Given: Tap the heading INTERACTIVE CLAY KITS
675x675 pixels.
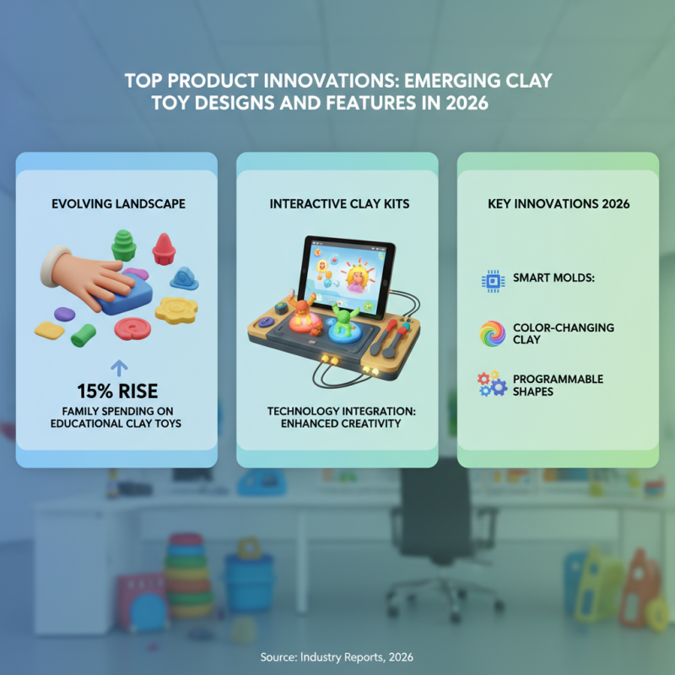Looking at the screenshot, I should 337,204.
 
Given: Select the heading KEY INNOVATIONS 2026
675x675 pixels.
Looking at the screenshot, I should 558,204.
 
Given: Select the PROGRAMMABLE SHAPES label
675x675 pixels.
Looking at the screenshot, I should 558,385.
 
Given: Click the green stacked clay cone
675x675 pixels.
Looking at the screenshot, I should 124,246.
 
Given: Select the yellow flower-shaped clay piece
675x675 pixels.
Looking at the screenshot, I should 176,310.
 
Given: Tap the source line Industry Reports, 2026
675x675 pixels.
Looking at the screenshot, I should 337,656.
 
